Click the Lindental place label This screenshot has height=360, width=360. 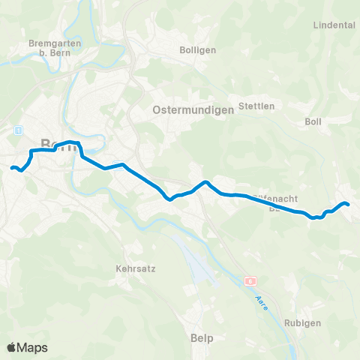coord(337,25)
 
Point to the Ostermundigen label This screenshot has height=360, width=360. coord(193,109)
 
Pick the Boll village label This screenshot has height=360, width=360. coord(313,121)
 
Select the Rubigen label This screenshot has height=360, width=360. coord(303,322)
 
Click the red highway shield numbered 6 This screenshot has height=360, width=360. coord(250,281)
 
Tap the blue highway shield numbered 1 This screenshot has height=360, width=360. coord(17,130)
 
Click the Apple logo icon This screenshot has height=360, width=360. coord(12,347)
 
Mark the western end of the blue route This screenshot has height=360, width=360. coord(11,167)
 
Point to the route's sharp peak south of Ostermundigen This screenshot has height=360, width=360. coord(205,181)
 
